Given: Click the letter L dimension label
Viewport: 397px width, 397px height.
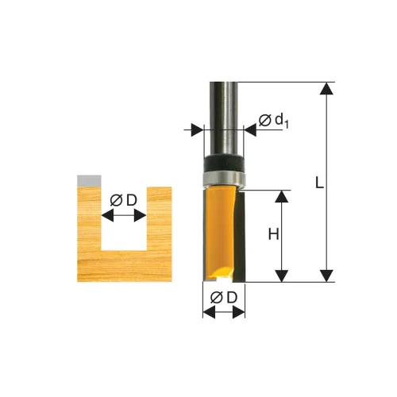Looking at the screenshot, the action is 320,183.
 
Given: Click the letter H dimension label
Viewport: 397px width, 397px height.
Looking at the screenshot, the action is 273,234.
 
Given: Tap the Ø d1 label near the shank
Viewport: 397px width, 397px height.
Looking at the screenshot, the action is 274,121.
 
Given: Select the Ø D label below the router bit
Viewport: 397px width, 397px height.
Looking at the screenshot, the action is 224,298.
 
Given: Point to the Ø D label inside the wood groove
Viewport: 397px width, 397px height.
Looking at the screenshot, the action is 124,200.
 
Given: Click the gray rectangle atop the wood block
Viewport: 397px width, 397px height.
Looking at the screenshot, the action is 89,180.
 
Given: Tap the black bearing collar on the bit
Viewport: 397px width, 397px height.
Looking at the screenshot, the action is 224,163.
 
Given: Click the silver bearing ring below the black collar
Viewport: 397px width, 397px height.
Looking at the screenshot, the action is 224,179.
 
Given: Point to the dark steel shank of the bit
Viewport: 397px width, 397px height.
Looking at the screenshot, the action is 224,118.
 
